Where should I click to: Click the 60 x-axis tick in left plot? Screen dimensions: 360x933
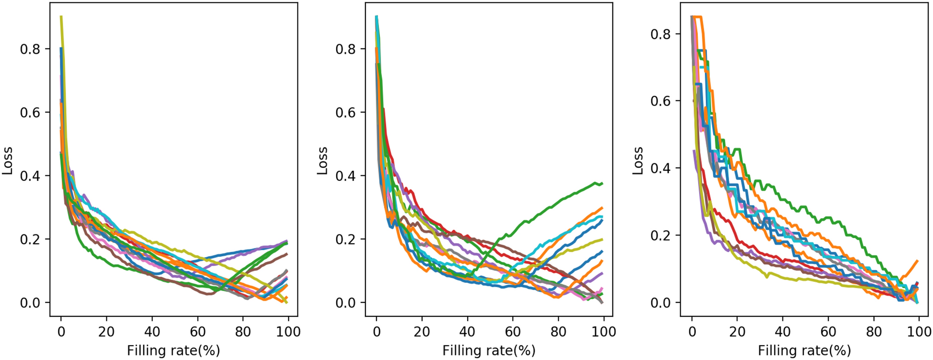198,332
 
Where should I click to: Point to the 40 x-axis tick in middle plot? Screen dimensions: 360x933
467,332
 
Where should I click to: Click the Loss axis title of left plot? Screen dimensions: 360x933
8,160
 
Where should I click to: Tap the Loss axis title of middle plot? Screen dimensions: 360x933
323,160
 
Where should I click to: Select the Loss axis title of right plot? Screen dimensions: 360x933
638,160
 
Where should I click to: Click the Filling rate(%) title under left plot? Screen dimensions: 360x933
173,350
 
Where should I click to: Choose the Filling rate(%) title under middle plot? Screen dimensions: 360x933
489,350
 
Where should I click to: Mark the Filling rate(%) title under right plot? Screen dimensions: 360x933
804,350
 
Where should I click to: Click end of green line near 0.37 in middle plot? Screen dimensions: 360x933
602,184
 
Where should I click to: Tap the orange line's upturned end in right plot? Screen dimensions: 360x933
918,261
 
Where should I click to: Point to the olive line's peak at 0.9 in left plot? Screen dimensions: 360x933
61,17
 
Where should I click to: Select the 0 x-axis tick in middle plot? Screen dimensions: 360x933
377,332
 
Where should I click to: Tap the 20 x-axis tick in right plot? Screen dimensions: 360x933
737,332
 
